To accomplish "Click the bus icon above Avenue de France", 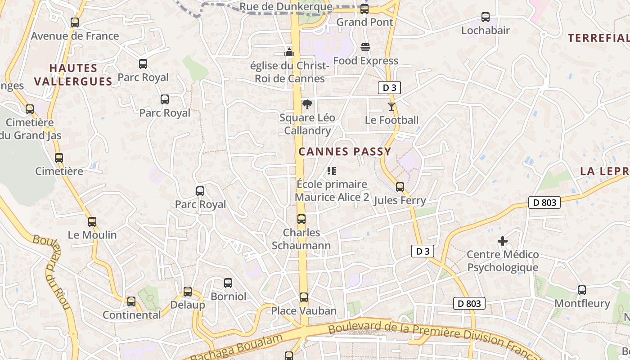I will pyautogui.click(x=75, y=22).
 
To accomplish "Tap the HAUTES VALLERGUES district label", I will pyautogui.click(x=73, y=75).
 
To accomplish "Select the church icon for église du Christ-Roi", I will pyautogui.click(x=289, y=52).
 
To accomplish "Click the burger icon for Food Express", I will pyautogui.click(x=365, y=47).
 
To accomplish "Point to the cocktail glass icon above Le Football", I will pyautogui.click(x=391, y=107).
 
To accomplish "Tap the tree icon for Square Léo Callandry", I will pyautogui.click(x=307, y=105).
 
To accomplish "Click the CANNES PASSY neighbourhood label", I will pyautogui.click(x=345, y=152).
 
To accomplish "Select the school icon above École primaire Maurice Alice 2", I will pyautogui.click(x=332, y=171).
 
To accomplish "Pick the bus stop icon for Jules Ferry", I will pyautogui.click(x=400, y=187).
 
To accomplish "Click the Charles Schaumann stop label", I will pyautogui.click(x=301, y=239).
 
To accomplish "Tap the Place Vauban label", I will pyautogui.click(x=304, y=311).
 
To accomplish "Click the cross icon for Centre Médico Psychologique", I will pyautogui.click(x=503, y=242).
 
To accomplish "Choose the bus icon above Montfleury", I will pyautogui.click(x=582, y=290).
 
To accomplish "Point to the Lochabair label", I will pyautogui.click(x=485, y=31).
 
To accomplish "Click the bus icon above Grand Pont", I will pyautogui.click(x=364, y=9).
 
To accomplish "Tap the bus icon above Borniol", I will pyautogui.click(x=228, y=283).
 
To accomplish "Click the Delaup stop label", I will pyautogui.click(x=188, y=305).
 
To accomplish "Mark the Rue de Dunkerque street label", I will pyautogui.click(x=286, y=7).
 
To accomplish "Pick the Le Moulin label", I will pyautogui.click(x=92, y=235).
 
